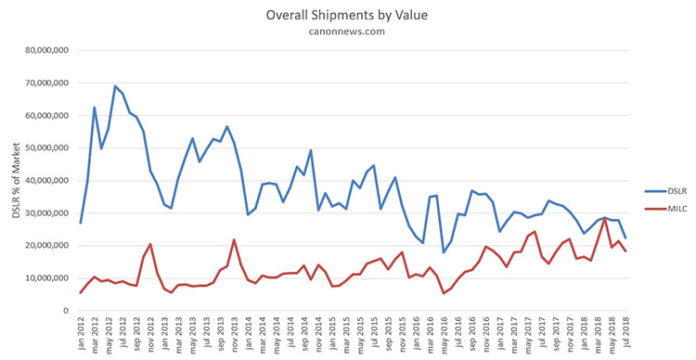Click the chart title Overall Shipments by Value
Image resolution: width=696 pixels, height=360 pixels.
click(x=347, y=15)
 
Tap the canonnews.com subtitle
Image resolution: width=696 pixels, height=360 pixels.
click(x=347, y=32)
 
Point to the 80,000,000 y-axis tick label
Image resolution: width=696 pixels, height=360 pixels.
click(x=47, y=51)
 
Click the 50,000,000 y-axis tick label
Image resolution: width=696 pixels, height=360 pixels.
click(x=47, y=148)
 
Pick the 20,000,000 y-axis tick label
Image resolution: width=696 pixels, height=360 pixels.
click(x=47, y=246)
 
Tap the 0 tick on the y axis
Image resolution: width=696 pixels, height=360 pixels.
click(x=66, y=311)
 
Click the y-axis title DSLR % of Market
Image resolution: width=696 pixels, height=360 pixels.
click(x=17, y=180)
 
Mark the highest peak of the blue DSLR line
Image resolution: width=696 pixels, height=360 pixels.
click(x=115, y=85)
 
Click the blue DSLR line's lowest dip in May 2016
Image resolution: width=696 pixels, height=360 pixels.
click(x=444, y=252)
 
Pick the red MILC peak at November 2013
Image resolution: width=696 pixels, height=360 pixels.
click(x=235, y=239)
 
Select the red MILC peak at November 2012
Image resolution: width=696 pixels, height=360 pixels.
click(x=150, y=244)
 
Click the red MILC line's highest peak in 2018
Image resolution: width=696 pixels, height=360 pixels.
click(x=604, y=218)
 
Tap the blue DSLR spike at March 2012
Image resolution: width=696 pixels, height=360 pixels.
click(x=94, y=107)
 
